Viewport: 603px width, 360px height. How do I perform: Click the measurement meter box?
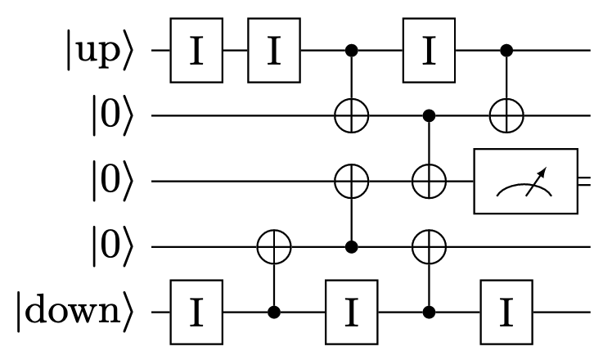coord(525,182)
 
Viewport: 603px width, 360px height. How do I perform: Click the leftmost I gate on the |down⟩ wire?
coord(196,313)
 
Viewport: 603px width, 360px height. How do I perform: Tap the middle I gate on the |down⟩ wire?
coord(352,313)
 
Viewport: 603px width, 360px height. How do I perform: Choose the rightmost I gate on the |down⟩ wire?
coord(507,313)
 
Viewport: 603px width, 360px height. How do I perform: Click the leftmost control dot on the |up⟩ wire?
coord(352,51)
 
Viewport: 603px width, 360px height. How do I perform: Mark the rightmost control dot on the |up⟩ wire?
coord(507,51)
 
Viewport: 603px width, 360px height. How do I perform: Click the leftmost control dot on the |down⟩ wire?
coord(274,313)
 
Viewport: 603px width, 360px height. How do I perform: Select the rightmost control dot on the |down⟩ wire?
coord(429,313)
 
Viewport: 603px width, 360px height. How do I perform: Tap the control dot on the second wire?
coord(429,116)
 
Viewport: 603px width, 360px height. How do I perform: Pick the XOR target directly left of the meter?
coord(429,182)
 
